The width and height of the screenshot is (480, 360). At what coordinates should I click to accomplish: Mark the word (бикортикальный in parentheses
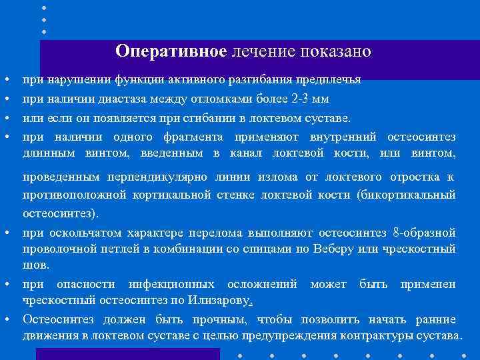tap(406, 195)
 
